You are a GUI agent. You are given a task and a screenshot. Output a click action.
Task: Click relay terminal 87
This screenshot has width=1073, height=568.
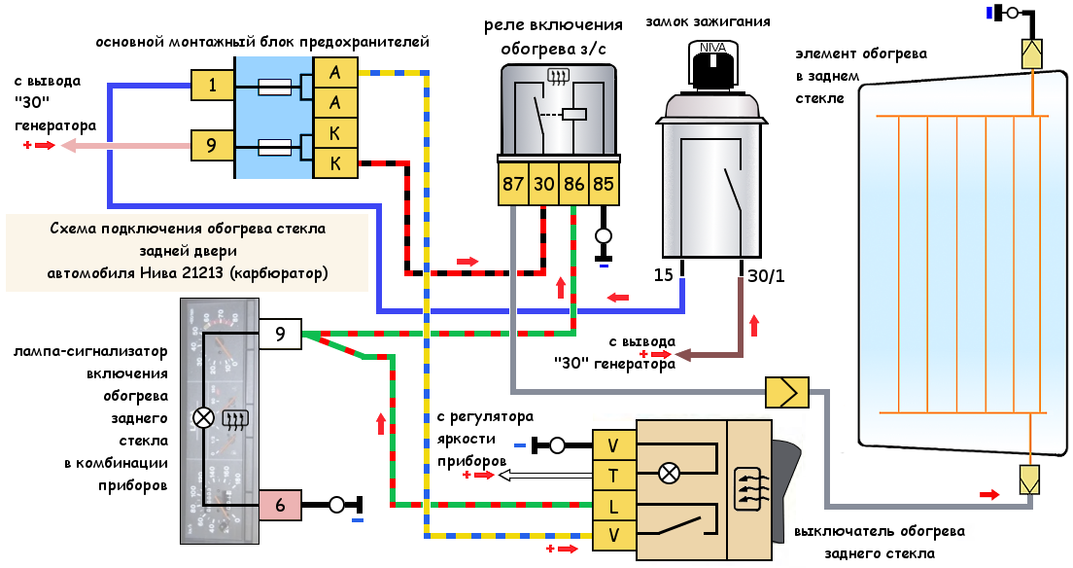512,184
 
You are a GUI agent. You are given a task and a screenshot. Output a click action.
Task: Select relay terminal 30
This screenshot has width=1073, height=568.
543,184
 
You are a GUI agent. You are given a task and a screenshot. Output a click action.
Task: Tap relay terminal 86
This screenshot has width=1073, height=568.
573,184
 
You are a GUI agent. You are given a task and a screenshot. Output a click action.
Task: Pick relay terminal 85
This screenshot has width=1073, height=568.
604,184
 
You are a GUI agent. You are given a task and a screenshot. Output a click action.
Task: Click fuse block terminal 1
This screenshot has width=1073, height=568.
212,85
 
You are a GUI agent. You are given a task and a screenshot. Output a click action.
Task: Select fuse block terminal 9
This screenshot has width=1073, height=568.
212,145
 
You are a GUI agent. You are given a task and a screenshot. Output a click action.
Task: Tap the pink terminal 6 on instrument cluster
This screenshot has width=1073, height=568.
280,505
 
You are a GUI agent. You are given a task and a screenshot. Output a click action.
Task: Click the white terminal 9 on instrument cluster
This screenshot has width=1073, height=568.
280,334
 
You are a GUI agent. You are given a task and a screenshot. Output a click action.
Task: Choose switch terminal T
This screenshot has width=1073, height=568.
614,475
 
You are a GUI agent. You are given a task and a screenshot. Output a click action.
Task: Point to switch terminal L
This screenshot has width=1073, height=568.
614,506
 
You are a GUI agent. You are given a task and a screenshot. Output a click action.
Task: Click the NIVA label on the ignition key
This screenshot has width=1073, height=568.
713,48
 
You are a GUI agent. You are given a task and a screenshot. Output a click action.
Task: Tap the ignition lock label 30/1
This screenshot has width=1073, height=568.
767,276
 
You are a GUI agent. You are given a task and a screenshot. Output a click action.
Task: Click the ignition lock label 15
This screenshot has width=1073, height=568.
663,274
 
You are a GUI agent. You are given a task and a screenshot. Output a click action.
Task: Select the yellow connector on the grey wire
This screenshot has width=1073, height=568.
787,393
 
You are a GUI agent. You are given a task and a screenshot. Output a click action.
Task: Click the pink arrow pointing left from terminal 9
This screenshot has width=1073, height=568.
125,145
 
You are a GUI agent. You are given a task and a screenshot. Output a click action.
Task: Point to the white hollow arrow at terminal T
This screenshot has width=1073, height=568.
544,475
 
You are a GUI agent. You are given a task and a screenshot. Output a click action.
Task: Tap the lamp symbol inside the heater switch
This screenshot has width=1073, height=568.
669,473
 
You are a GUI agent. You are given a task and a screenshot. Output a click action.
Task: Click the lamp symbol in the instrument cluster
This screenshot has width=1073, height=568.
204,417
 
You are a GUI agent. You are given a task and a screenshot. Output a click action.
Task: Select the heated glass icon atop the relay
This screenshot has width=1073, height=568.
559,77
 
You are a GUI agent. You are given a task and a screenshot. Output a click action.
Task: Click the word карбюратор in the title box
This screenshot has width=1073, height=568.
279,273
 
